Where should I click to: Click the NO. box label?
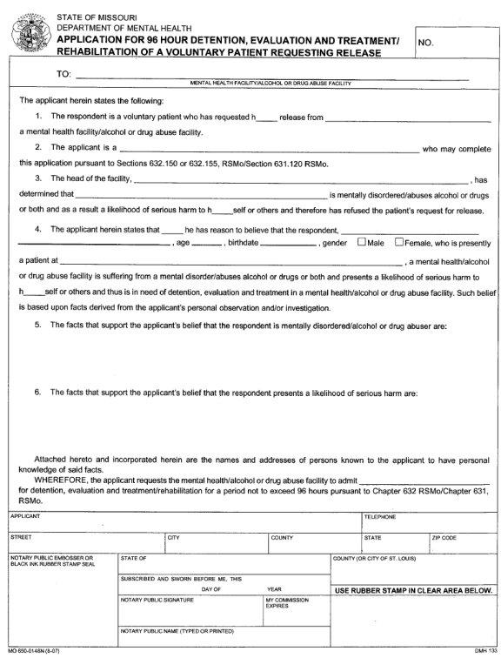point(425,42)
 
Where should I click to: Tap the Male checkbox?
point(362,242)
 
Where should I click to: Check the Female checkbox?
point(400,242)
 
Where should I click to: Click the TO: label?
point(63,75)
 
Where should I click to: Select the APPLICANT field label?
point(26,517)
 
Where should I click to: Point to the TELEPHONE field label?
point(380,517)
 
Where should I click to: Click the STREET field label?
point(21,538)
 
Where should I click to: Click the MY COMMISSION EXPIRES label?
point(283,602)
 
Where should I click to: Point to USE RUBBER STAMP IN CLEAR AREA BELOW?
point(413,590)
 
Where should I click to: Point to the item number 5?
point(38,325)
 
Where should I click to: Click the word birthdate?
point(242,243)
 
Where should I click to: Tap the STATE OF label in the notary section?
point(133,558)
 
